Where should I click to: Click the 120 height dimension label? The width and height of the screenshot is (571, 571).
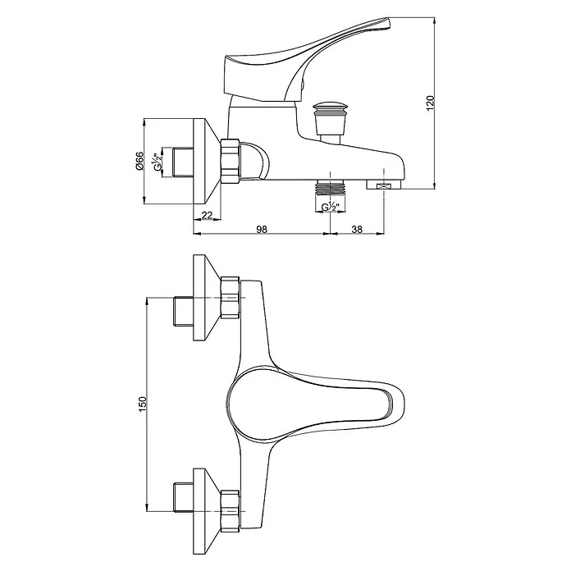point(431,103)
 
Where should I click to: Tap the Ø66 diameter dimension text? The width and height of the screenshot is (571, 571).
point(139,161)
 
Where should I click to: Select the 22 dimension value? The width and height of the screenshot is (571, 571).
point(207,215)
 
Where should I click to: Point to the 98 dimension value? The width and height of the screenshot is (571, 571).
point(262,229)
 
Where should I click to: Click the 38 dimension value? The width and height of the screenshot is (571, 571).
point(357,229)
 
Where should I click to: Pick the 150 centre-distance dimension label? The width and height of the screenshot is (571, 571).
point(142,404)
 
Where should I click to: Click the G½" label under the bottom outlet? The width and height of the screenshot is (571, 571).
point(331,207)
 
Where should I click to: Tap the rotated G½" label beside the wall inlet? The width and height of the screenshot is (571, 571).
point(158,162)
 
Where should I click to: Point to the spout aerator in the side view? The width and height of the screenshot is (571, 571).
point(383,185)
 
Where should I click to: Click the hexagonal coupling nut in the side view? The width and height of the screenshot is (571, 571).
point(230,161)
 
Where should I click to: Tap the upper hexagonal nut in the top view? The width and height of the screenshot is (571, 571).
point(230,298)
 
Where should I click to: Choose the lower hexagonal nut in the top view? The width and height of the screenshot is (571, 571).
point(230,511)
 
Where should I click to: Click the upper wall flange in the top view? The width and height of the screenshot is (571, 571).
point(207,298)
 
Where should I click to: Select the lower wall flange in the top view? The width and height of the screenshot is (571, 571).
point(207,511)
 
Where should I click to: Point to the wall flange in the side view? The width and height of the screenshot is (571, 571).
point(207,162)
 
